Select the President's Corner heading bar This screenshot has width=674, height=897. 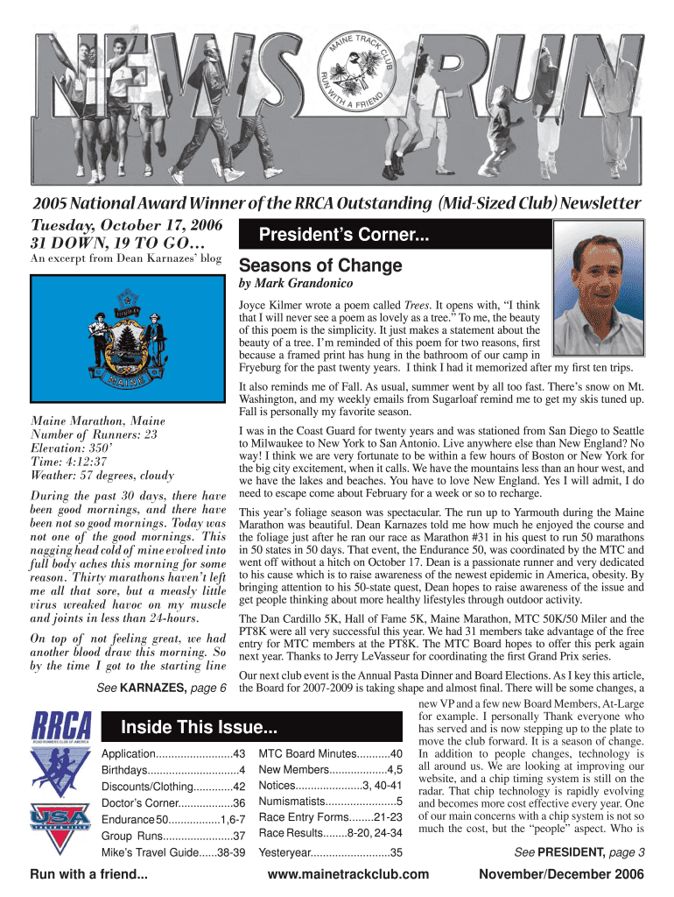pyautogui.click(x=394, y=235)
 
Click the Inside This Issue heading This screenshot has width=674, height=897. pyautogui.click(x=199, y=727)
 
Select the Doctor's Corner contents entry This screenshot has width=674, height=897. pyautogui.click(x=173, y=802)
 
